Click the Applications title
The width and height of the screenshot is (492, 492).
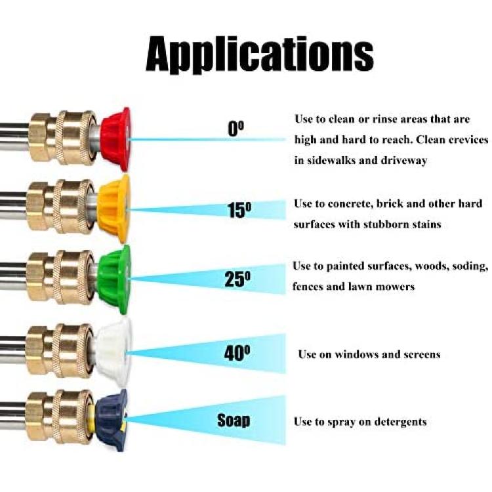(260, 55)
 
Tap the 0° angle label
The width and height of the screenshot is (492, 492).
(236, 129)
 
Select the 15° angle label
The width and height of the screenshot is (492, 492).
(239, 210)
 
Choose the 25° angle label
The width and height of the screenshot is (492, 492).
(238, 279)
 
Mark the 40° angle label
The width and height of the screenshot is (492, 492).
(237, 353)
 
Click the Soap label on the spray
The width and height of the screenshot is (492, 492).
(234, 420)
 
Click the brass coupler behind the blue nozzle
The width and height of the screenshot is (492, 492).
(59, 417)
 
